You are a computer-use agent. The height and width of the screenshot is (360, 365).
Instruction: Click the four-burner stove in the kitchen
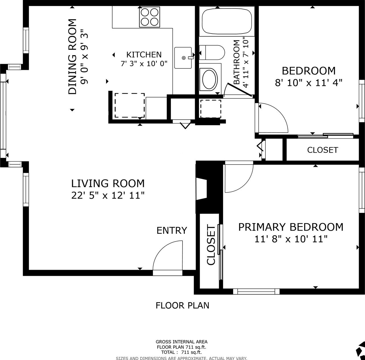(149, 17)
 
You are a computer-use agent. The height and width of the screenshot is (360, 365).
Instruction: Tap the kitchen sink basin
(183, 58)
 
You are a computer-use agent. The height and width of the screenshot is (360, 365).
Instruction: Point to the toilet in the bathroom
(212, 52)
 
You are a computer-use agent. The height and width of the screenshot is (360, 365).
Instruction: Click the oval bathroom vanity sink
(210, 80)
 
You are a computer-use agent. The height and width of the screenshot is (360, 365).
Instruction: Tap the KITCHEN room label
(144, 55)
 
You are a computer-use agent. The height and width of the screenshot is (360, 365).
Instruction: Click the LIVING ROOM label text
(108, 183)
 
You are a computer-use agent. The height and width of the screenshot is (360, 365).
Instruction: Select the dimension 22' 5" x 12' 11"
(108, 195)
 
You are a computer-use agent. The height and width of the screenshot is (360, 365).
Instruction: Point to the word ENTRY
(172, 231)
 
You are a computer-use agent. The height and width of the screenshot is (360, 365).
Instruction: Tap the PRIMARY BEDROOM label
(291, 227)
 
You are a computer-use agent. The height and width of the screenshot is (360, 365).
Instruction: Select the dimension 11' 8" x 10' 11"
(291, 239)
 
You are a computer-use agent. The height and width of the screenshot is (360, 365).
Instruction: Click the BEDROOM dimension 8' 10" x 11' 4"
(309, 83)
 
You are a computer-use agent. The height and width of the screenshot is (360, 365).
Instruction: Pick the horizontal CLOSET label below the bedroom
(323, 150)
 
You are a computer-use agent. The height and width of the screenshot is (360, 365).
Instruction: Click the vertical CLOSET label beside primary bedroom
(211, 245)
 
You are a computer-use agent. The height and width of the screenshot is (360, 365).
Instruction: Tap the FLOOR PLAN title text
(182, 305)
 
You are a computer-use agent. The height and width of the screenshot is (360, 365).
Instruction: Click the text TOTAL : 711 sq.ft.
(181, 352)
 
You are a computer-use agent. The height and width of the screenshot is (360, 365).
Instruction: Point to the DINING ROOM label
(72, 56)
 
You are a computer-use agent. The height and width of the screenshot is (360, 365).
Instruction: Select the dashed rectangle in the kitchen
(130, 105)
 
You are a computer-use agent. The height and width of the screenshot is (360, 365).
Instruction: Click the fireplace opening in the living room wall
(202, 189)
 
